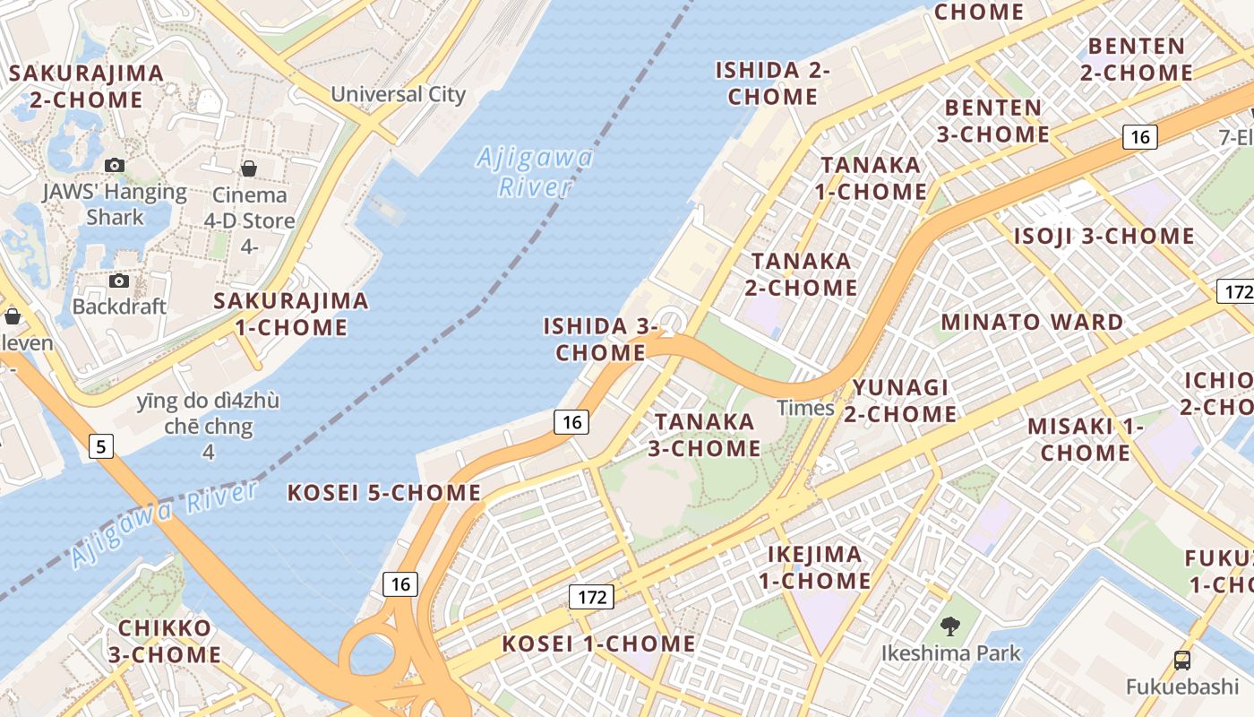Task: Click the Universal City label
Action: click(x=399, y=94)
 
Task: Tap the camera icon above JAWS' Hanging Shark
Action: click(x=115, y=165)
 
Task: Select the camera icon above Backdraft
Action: click(x=118, y=281)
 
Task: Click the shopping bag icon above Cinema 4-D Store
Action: click(x=249, y=168)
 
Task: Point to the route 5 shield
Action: click(x=101, y=445)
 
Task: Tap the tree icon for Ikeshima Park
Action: click(x=950, y=626)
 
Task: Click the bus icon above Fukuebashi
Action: click(x=1182, y=661)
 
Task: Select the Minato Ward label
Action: click(x=1032, y=322)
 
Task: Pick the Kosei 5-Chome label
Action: click(x=384, y=492)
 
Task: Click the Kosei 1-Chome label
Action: click(x=598, y=644)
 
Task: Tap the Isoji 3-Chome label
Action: click(x=1104, y=236)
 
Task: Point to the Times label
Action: click(x=805, y=408)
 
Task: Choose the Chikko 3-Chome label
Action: click(x=165, y=641)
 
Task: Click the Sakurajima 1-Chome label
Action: click(x=291, y=314)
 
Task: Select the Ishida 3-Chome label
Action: click(x=600, y=339)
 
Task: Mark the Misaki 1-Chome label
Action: click(x=1086, y=439)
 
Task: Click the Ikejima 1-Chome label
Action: click(x=815, y=567)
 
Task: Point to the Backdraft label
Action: click(x=119, y=307)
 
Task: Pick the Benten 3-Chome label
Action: click(x=993, y=121)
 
